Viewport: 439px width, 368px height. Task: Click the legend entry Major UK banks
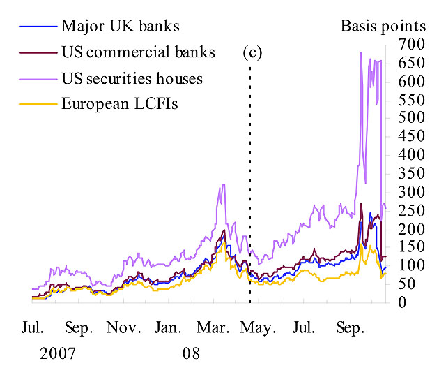click(x=120, y=27)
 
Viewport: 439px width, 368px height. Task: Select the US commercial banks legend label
click(x=138, y=52)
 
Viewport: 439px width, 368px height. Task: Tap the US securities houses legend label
click(x=132, y=78)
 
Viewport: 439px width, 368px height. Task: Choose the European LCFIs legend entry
click(x=120, y=104)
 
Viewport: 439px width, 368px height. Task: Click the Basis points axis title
click(x=383, y=27)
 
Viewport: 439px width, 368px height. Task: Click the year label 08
click(x=191, y=352)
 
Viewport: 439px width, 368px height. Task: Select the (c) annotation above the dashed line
click(x=252, y=52)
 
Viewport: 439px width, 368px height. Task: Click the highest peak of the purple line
click(x=360, y=52)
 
